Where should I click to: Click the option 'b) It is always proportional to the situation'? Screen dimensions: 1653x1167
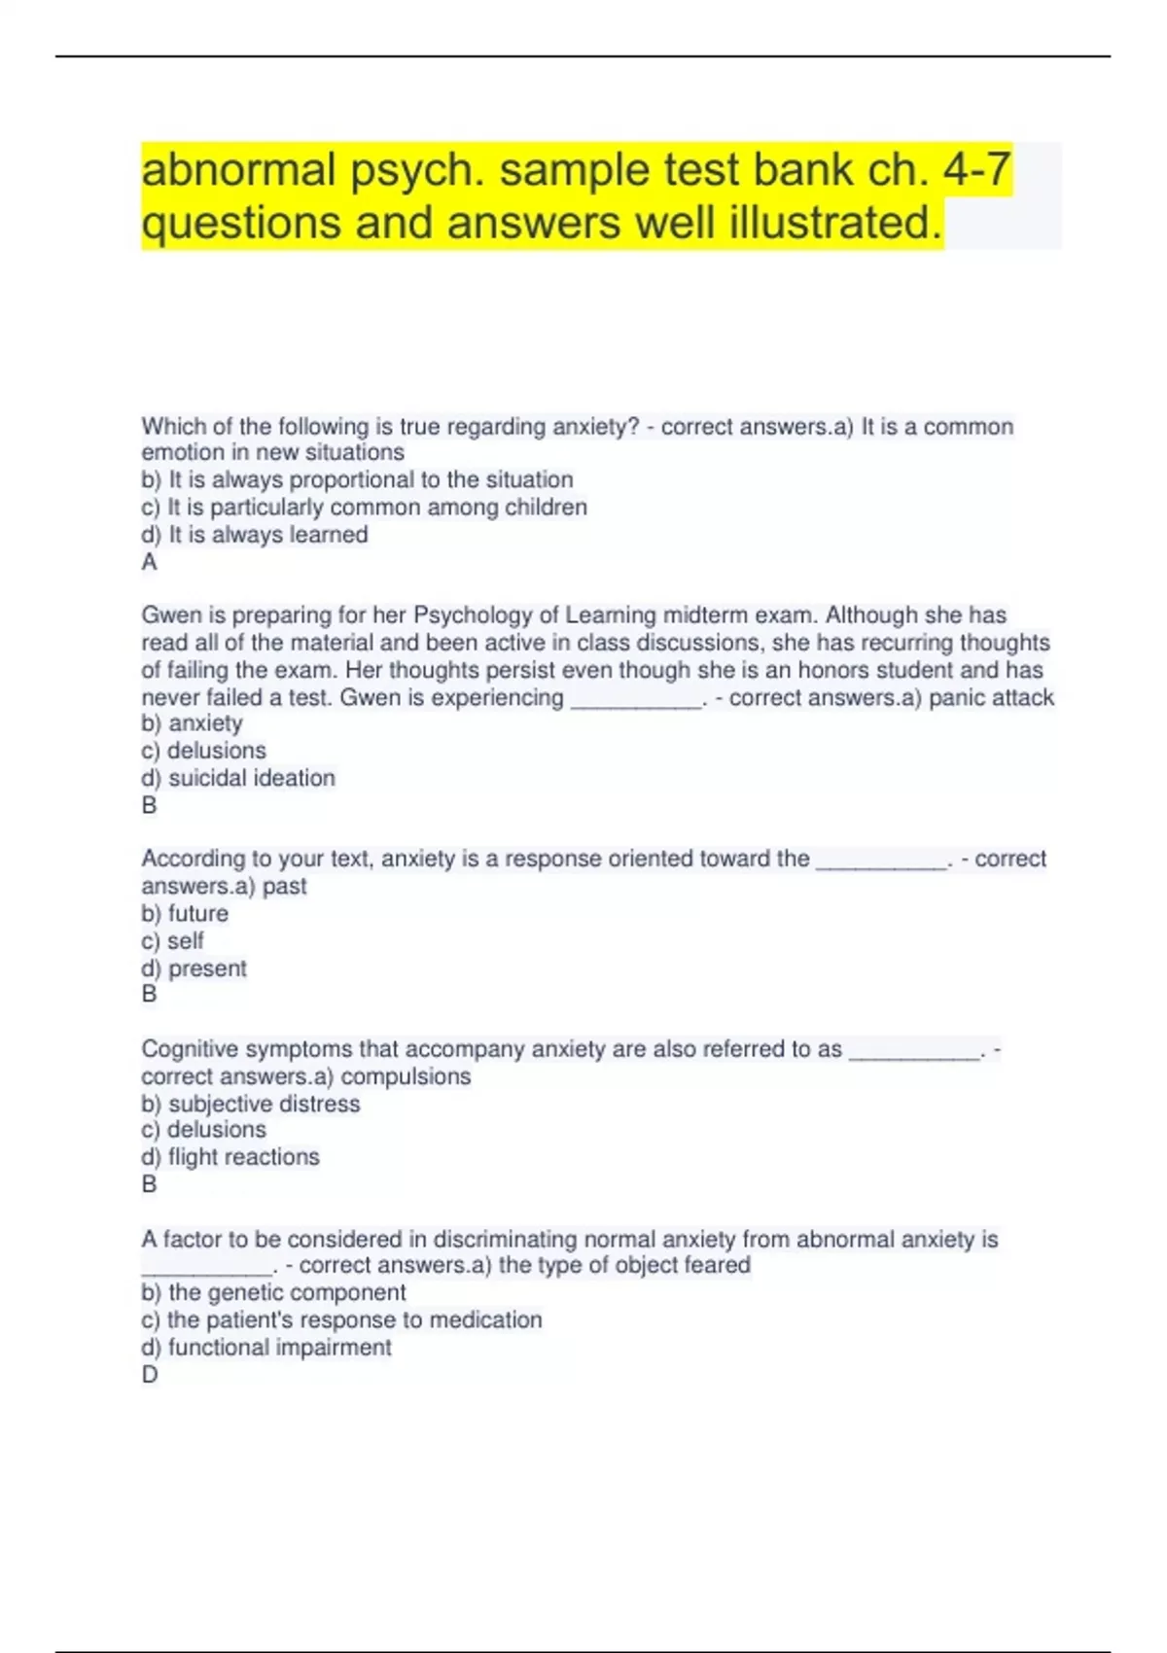[x=357, y=480]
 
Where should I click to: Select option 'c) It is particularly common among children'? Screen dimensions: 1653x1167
[x=364, y=508]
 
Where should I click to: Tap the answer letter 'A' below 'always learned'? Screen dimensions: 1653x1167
[x=149, y=562]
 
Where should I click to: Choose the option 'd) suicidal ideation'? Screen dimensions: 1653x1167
[x=238, y=778]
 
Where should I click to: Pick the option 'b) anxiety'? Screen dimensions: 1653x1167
[x=192, y=723]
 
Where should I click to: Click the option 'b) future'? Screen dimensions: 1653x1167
[x=185, y=914]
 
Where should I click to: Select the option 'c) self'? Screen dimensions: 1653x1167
[x=172, y=941]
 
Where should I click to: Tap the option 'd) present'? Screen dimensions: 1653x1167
[x=194, y=968]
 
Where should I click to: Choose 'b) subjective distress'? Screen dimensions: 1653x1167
[x=250, y=1104]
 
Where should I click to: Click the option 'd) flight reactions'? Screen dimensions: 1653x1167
[x=230, y=1157]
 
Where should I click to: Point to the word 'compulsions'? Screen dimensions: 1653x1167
[x=406, y=1076]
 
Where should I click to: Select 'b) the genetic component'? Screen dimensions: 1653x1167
[x=273, y=1292]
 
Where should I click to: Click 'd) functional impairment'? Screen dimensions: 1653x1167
[x=266, y=1348]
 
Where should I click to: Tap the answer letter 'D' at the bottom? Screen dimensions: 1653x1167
[x=150, y=1375]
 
